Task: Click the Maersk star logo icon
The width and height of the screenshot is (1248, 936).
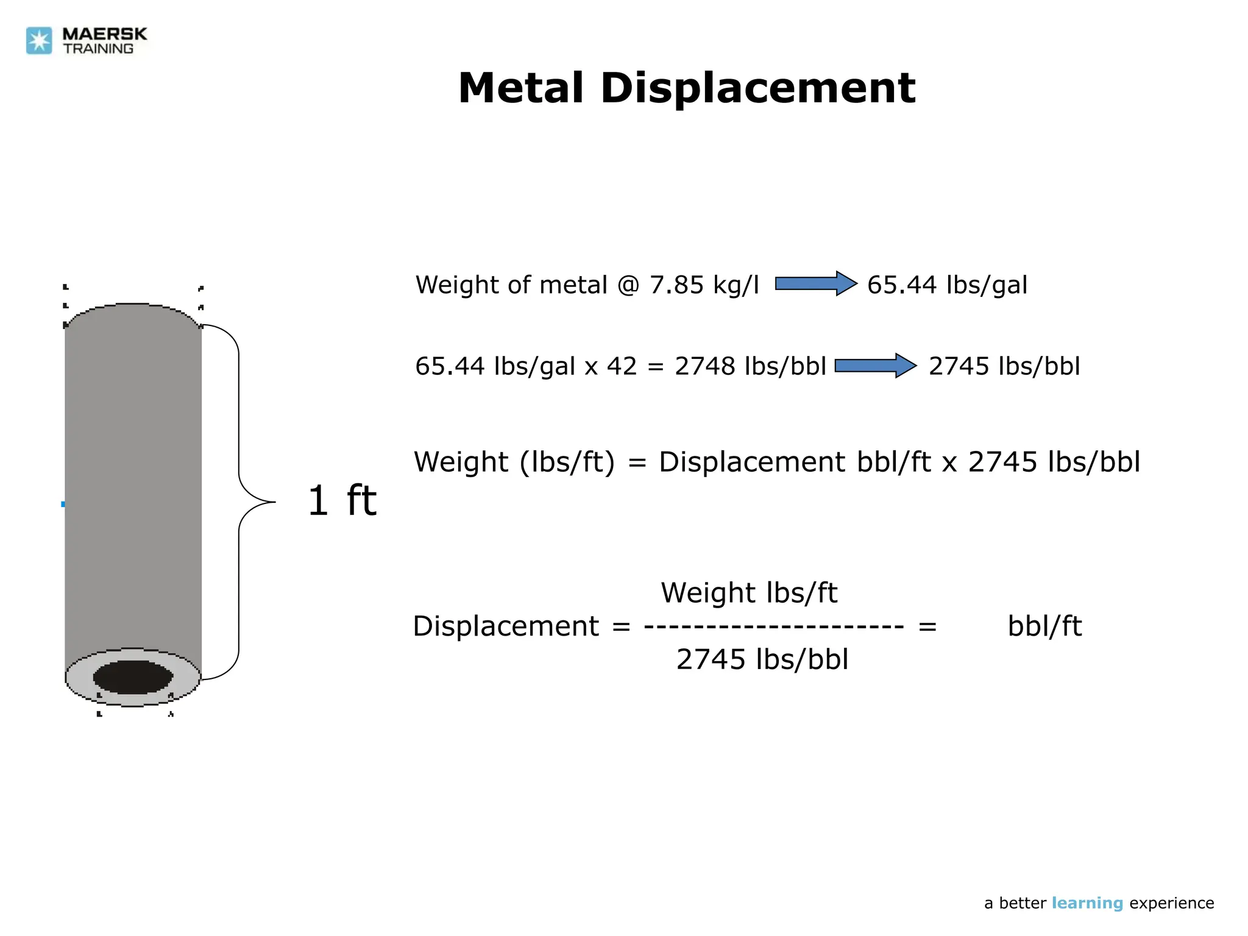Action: click(39, 41)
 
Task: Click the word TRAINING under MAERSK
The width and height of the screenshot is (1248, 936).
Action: click(98, 49)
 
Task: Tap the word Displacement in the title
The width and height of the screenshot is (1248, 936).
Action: click(757, 88)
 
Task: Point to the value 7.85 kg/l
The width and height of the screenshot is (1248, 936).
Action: click(704, 285)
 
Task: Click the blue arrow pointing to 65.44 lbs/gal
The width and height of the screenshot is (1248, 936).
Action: click(816, 284)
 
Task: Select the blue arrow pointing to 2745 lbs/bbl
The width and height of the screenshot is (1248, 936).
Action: click(875, 366)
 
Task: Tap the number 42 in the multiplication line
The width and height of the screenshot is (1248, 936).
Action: click(622, 366)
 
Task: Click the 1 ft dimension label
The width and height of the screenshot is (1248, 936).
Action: click(342, 501)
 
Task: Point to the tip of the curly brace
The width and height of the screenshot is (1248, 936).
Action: click(274, 502)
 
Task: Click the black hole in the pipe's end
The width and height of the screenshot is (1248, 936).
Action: click(133, 677)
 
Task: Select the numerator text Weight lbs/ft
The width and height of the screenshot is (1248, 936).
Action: click(749, 593)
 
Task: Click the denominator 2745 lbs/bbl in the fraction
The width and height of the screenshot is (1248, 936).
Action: click(762, 659)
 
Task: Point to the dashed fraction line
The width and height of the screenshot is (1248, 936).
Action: click(773, 626)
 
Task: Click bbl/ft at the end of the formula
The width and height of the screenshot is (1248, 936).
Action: click(1044, 626)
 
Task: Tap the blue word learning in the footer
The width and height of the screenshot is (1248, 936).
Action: click(1087, 903)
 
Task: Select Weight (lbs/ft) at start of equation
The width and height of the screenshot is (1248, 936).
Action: click(514, 462)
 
